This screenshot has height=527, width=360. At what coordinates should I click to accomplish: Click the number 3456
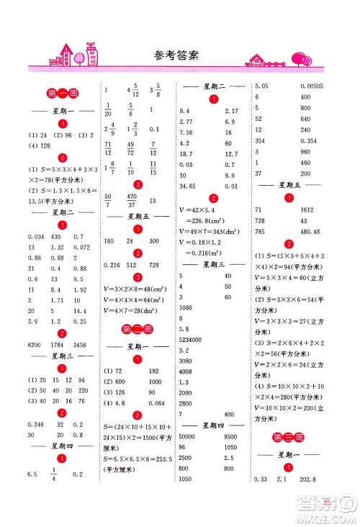pyautogui.click(x=84, y=346)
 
